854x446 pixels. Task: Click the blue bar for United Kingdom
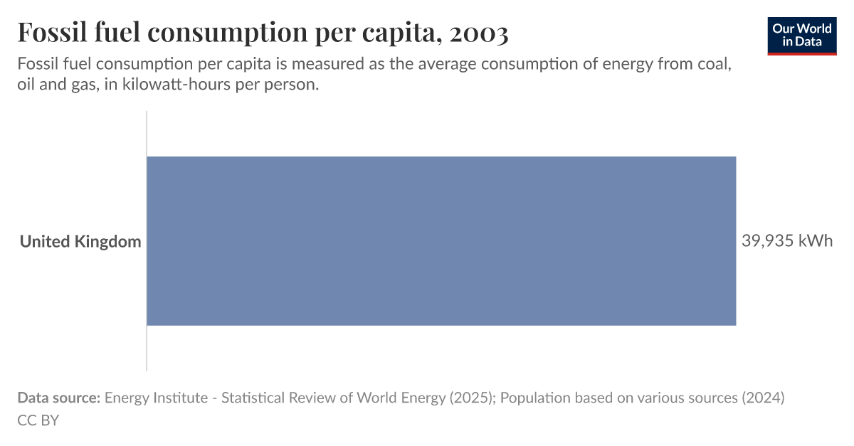tap(441, 241)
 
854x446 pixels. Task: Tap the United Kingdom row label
tap(80, 242)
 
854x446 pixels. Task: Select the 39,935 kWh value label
tap(786, 241)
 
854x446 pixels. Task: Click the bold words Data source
tap(58, 398)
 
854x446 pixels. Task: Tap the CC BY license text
tap(38, 420)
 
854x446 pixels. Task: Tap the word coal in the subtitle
tap(717, 64)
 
